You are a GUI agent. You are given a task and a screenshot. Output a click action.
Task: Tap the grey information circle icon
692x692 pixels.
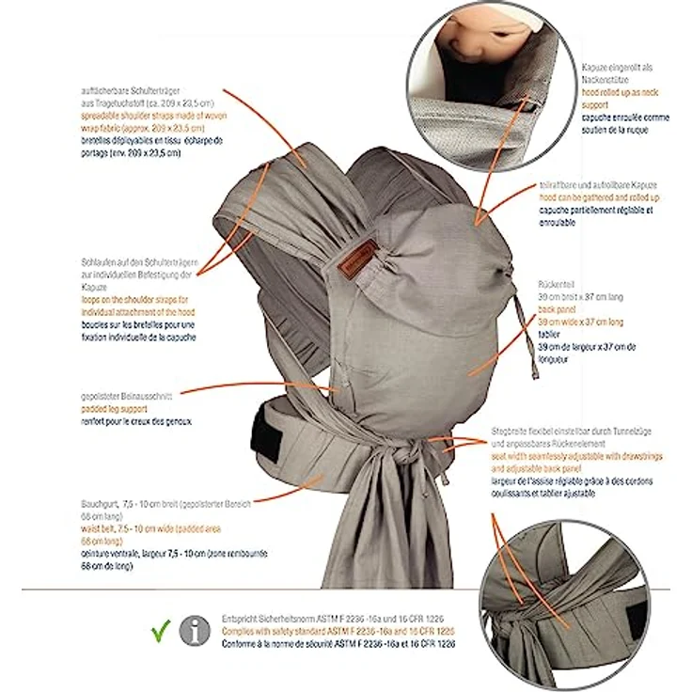[x=195, y=626]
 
